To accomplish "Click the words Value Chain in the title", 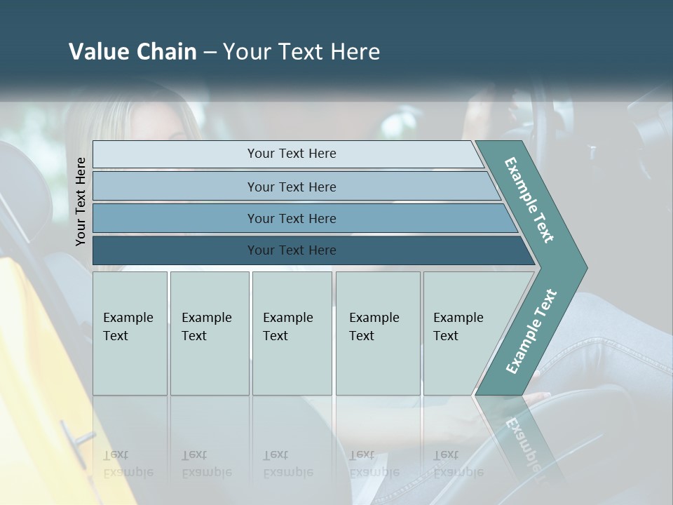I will (x=132, y=52).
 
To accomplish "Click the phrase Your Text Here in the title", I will (x=301, y=52).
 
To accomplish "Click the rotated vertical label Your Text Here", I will (x=81, y=201).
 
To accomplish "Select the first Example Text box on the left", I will (x=130, y=333).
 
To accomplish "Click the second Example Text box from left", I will (x=209, y=333).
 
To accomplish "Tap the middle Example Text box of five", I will (x=292, y=333).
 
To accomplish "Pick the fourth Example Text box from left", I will (x=377, y=333).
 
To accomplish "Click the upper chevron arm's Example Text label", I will (x=529, y=200).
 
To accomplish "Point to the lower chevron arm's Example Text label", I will (x=531, y=331).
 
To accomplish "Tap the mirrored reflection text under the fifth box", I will (x=457, y=464).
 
